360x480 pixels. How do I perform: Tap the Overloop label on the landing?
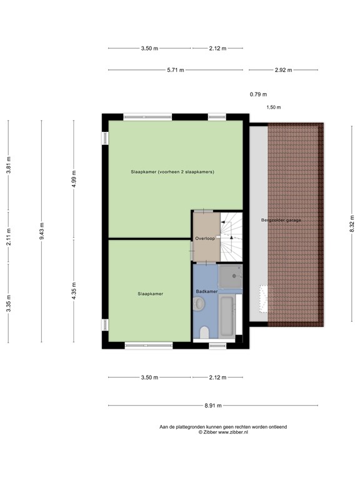tap(205, 239)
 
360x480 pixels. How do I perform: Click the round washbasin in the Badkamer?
tap(199, 304)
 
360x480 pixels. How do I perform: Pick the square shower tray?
tap(230, 276)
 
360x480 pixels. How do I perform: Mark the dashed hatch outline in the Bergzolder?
tap(266, 299)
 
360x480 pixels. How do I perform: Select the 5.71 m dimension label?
tap(175, 70)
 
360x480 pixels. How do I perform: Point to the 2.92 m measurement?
tap(283, 70)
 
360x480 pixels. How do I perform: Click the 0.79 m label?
tap(258, 94)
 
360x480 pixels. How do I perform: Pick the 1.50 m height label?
tap(274, 107)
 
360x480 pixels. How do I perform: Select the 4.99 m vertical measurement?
tap(74, 179)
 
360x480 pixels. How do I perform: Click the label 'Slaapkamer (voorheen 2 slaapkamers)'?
tap(172, 172)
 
